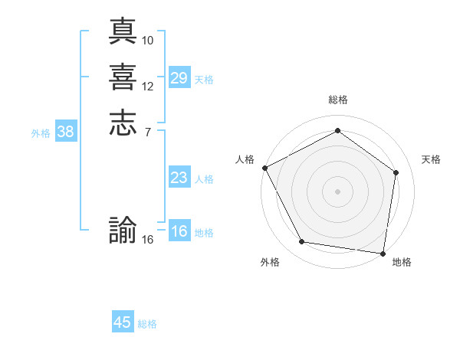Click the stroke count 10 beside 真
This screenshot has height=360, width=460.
click(148, 40)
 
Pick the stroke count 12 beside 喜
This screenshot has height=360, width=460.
click(148, 86)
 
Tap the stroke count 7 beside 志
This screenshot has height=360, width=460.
click(146, 132)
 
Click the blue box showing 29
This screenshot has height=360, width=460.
click(179, 78)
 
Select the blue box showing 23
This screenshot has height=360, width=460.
click(179, 178)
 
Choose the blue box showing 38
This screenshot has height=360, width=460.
click(65, 132)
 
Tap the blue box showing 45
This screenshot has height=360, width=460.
click(123, 322)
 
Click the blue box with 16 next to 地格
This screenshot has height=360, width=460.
click(179, 231)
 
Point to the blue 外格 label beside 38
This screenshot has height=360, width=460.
click(41, 133)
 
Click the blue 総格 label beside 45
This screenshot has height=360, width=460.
click(147, 324)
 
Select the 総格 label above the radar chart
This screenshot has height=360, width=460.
click(337, 100)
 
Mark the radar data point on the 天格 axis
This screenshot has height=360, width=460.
click(396, 172)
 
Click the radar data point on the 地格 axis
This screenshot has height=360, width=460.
click(383, 253)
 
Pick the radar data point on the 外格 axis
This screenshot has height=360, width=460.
click(302, 242)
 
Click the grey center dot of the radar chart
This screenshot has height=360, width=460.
click(337, 191)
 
